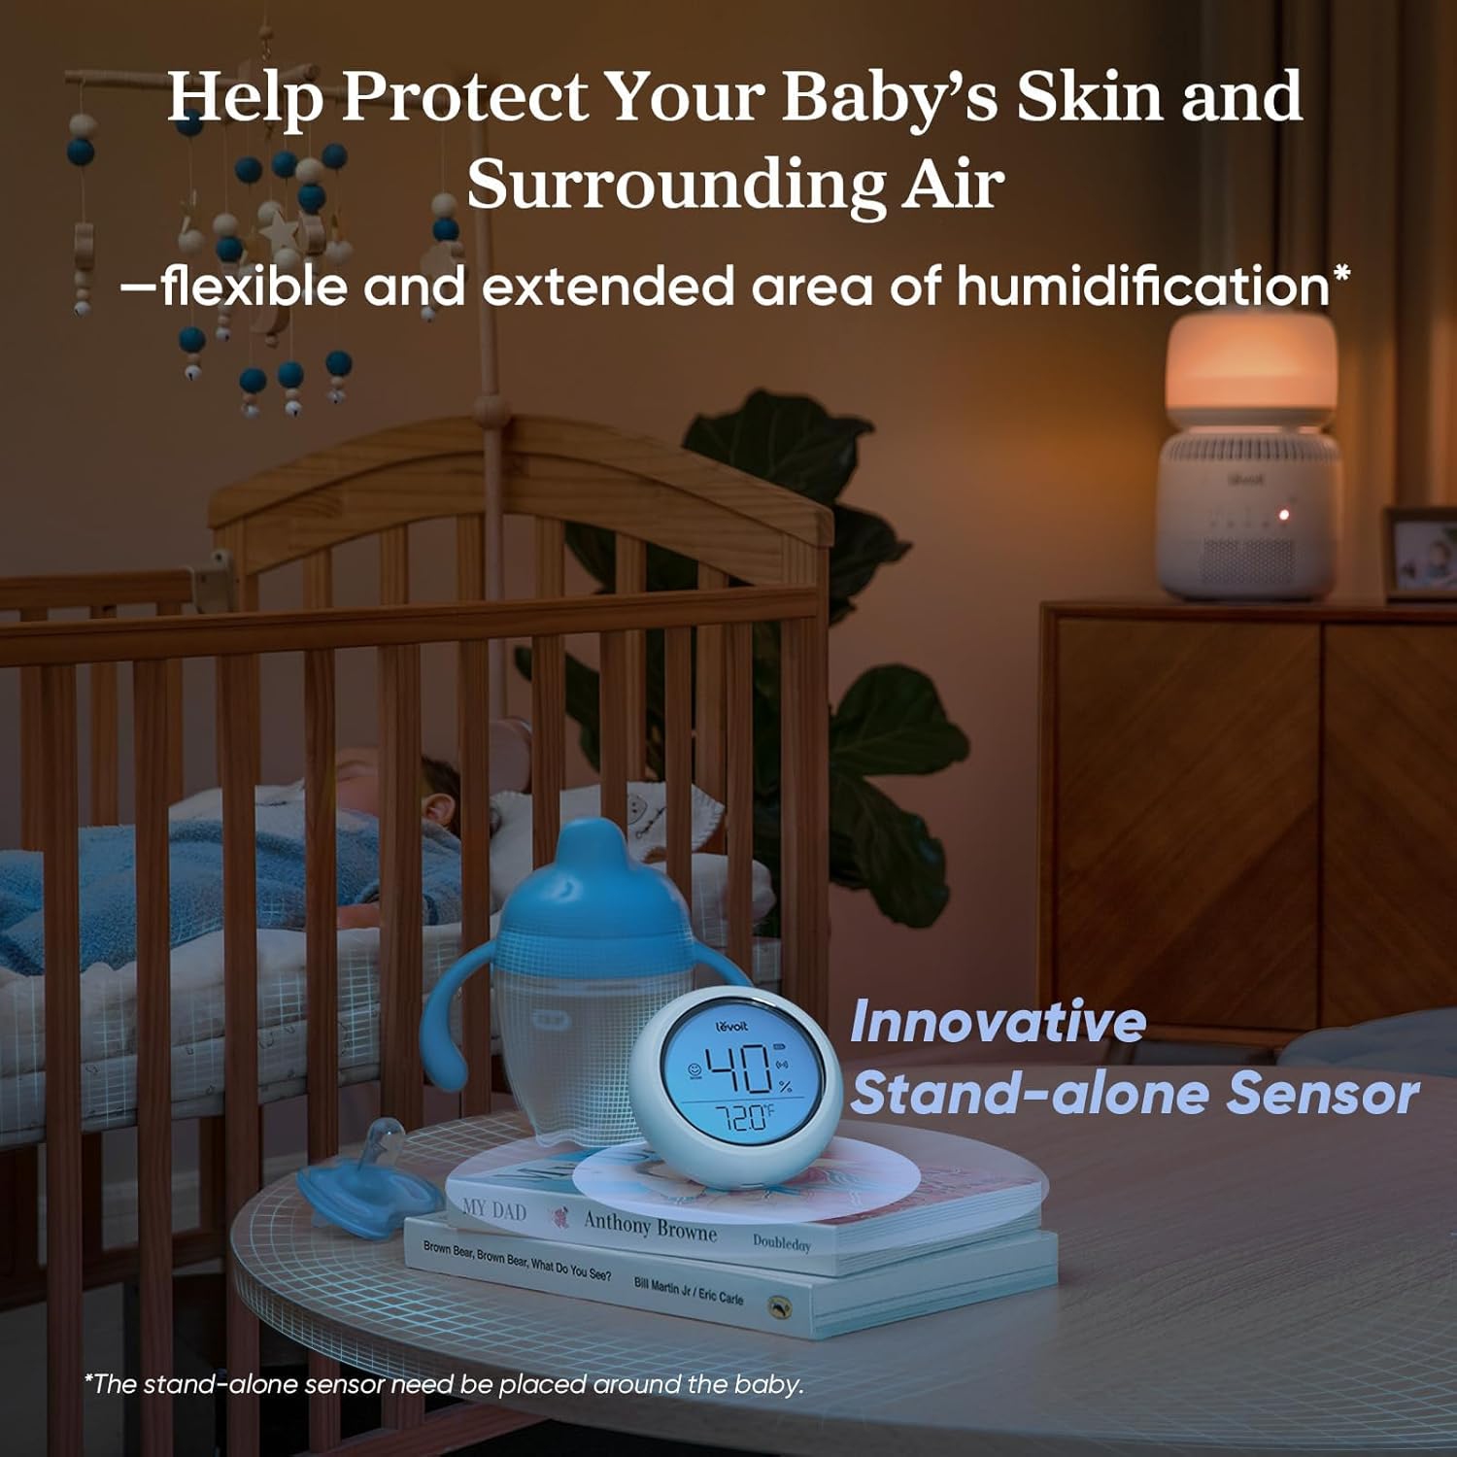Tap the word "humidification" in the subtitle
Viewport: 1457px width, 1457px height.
pos(1142,287)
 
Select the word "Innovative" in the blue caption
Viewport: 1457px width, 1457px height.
pos(998,1023)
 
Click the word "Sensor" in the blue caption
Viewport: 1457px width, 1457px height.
pos(1322,1095)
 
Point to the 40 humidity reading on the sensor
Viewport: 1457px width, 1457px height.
pos(738,1069)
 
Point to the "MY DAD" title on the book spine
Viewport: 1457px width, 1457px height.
pos(494,1210)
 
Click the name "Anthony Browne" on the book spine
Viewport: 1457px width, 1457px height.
pos(650,1226)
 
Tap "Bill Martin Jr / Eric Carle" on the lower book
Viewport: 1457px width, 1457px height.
pos(688,1290)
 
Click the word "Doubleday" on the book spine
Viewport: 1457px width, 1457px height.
pos(781,1242)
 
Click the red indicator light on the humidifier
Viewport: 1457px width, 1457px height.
pos(1284,514)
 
